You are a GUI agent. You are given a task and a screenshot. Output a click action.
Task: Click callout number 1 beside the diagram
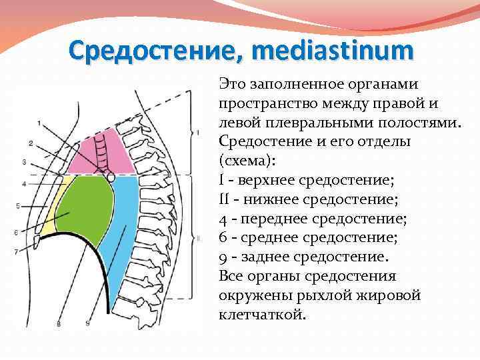(x=39, y=123)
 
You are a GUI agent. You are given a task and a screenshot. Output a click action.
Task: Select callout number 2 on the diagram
(x=31, y=143)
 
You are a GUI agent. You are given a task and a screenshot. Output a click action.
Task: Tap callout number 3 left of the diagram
(x=25, y=162)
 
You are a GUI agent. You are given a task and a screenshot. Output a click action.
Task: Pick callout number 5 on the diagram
(x=19, y=205)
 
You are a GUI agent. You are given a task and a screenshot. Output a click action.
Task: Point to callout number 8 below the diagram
(x=59, y=324)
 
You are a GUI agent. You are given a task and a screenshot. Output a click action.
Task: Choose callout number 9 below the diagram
(x=88, y=324)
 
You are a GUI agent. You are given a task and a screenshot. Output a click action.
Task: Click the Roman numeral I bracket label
(x=197, y=133)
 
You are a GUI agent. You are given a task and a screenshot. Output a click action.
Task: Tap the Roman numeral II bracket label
(x=198, y=238)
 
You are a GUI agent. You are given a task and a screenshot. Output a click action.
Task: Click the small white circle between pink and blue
(x=111, y=178)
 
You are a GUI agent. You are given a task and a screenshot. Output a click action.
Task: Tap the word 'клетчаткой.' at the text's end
(x=262, y=314)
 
